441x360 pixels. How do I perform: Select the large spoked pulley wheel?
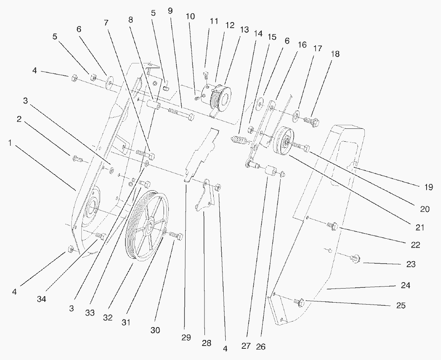point(147,227)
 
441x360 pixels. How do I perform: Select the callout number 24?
point(406,286)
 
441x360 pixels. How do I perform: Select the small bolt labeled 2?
point(77,159)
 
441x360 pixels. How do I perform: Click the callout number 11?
point(214,21)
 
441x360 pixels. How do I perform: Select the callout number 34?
point(42,299)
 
